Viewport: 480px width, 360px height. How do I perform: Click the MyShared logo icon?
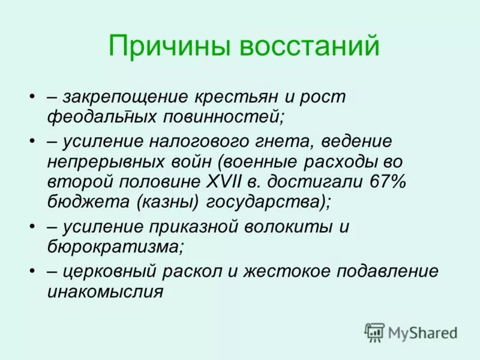(x=374, y=332)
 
